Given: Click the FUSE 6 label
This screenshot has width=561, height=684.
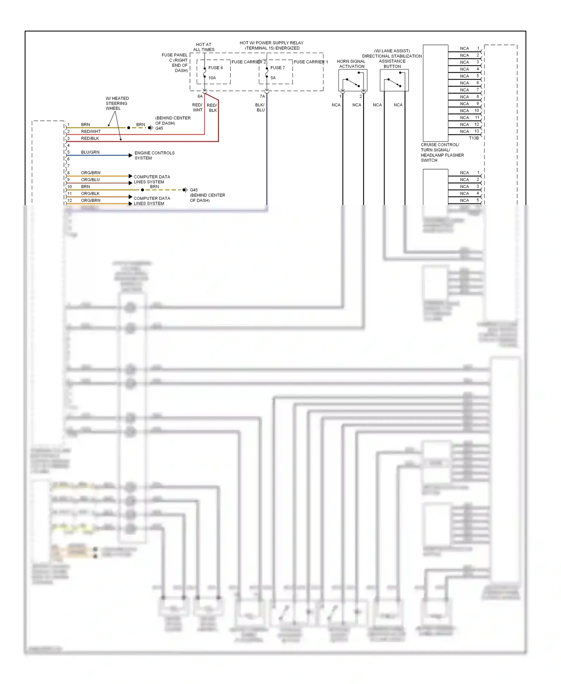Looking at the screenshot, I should [215, 68].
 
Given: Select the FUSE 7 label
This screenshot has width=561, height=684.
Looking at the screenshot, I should [278, 68].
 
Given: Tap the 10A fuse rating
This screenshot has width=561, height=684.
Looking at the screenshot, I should [212, 78].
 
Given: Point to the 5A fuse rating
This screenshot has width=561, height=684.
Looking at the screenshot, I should [273, 78].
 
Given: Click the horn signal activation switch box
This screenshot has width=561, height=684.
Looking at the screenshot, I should [353, 80].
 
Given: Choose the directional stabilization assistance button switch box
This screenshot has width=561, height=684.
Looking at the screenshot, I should [394, 80].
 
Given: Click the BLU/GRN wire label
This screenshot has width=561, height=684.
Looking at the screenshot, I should [90, 152].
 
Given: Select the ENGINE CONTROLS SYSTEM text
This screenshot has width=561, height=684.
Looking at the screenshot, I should [154, 155].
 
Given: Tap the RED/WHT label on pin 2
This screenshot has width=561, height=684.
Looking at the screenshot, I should [91, 132].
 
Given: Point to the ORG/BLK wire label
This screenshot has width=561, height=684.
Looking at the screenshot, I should [90, 193].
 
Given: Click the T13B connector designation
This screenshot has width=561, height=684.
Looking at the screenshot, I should [473, 138].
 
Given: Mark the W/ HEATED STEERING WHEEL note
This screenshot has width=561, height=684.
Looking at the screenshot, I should [117, 103].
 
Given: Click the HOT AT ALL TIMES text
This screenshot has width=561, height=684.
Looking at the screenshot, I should [203, 47].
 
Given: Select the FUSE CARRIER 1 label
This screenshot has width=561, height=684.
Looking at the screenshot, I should [310, 62].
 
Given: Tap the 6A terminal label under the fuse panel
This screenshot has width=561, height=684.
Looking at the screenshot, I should [200, 97].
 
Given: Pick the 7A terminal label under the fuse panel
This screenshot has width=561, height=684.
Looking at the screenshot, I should [262, 97].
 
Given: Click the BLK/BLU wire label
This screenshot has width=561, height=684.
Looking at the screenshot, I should [260, 107].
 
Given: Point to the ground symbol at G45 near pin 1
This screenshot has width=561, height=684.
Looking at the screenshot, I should [150, 128].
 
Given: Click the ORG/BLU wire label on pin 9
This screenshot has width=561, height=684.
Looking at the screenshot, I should [90, 180].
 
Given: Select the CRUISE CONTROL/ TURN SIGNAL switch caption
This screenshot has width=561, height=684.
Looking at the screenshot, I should [442, 152].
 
